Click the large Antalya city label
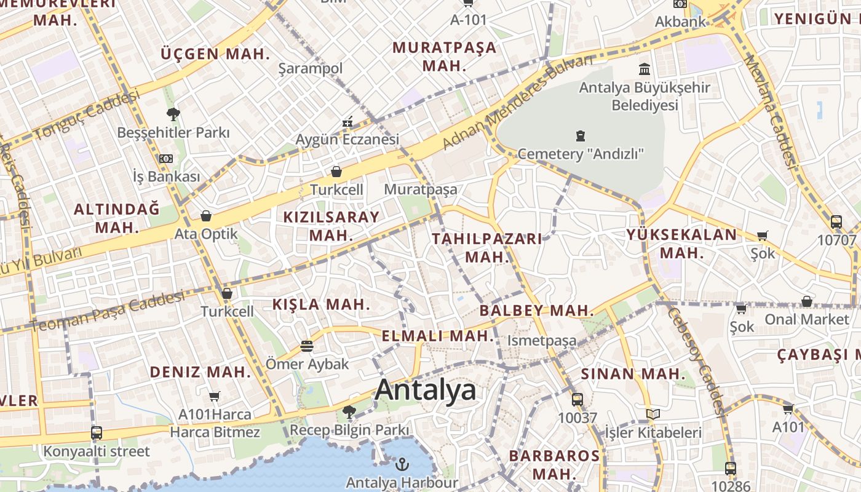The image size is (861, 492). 425,390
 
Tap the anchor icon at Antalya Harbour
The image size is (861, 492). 402,464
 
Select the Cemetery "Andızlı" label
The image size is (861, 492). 580,154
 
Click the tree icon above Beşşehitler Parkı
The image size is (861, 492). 173,114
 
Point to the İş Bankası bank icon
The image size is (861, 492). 165,159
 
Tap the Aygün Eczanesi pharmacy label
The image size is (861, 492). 347,140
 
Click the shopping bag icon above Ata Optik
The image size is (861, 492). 206,216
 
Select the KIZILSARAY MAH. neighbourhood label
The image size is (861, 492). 331,226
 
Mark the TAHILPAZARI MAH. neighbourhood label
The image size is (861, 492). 487,247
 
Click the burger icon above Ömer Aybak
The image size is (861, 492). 307,346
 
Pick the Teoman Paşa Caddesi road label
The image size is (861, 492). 108,311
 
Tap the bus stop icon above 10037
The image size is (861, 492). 577,400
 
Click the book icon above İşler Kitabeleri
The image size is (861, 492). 653,415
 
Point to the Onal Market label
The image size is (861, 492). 806,319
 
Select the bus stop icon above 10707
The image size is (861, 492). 836,222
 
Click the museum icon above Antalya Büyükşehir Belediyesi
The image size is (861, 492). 645,69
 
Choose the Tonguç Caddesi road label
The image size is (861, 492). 86,116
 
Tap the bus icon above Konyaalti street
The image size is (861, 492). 96,433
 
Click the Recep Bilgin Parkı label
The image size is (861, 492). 349,430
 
